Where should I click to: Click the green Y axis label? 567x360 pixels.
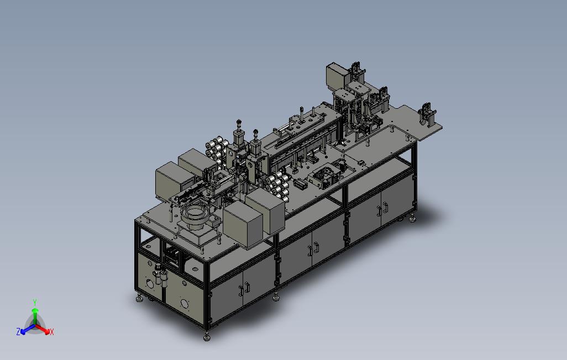pos(35,302)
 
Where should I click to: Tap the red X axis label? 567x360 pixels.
pos(52,332)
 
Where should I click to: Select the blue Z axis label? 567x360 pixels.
pos(18,331)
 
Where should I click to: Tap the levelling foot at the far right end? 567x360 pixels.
pos(412,218)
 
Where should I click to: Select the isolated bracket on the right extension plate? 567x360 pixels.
pos(427,114)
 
